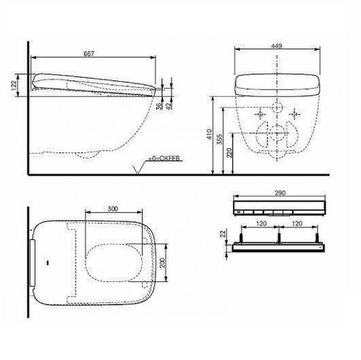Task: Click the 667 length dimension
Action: click(x=92, y=54)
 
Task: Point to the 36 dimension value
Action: click(x=159, y=105)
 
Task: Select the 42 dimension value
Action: click(x=170, y=105)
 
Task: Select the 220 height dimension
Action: click(x=229, y=153)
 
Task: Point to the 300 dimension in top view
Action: click(x=112, y=208)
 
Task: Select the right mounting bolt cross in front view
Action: click(x=295, y=113)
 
